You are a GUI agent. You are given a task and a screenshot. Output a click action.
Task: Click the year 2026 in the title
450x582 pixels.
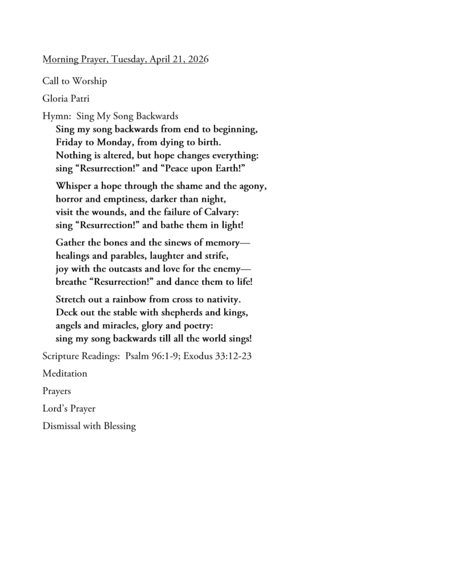click(199, 60)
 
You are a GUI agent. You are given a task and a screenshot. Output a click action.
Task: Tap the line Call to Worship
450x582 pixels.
click(75, 81)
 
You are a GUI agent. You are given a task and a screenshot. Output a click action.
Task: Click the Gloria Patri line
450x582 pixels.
click(65, 99)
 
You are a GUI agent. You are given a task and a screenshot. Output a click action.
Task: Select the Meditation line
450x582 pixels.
click(65, 374)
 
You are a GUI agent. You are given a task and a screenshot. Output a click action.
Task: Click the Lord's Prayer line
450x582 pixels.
click(69, 409)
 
